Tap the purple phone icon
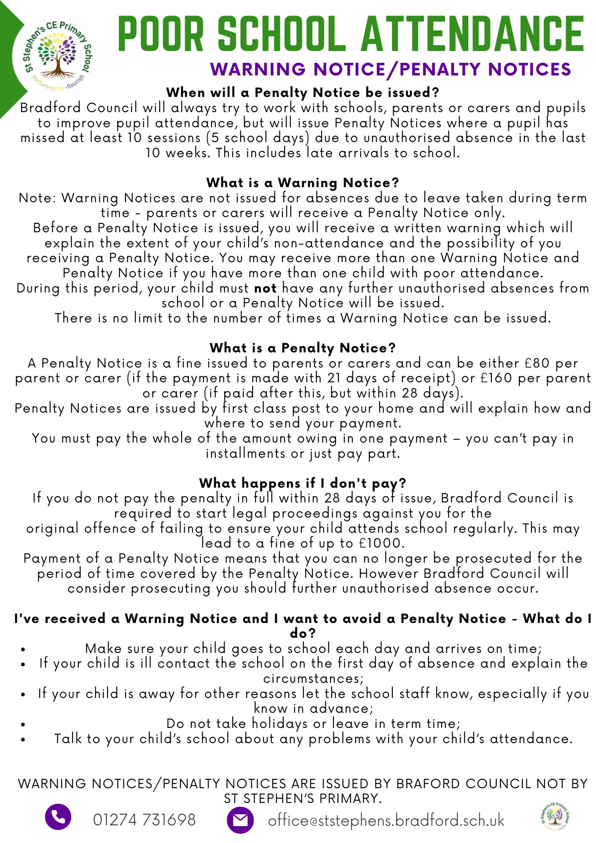(x=58, y=817)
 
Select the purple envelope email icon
(x=240, y=820)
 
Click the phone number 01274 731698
(x=144, y=820)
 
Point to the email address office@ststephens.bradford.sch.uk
(x=386, y=820)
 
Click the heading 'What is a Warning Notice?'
(x=302, y=183)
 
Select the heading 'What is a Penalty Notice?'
(x=302, y=348)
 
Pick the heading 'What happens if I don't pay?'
(x=302, y=483)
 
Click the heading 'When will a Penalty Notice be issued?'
(x=302, y=92)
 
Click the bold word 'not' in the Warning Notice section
(x=265, y=288)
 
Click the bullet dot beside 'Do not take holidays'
(x=23, y=724)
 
